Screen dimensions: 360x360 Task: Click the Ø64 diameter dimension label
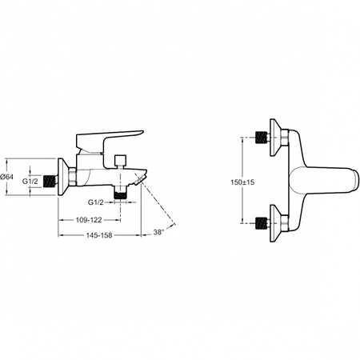[6, 177]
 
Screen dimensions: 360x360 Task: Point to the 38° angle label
[158, 232]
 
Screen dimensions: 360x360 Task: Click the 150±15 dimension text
[242, 182]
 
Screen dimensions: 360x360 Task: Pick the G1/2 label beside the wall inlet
[30, 182]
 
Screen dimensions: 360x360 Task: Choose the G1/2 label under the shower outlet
[96, 202]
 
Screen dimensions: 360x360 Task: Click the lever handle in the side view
[110, 142]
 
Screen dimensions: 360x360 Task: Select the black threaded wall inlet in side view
[50, 182]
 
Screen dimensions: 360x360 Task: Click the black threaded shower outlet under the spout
[120, 194]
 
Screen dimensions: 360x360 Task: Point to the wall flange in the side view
[64, 177]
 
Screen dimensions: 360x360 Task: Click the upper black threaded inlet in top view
[261, 138]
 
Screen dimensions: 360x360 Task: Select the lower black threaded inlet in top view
[261, 223]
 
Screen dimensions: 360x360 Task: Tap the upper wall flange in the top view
[275, 138]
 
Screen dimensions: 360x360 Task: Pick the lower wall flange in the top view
[275, 223]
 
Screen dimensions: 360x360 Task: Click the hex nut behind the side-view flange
[73, 177]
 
